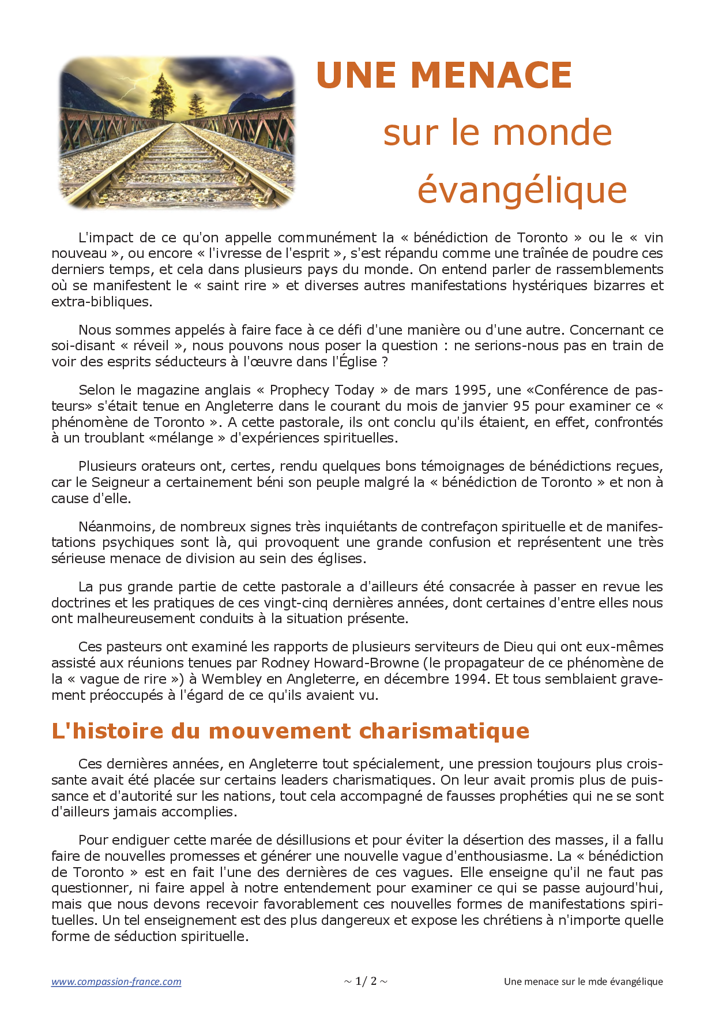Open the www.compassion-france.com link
116,981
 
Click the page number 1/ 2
366,981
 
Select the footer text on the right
583,981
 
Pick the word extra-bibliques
101,302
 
